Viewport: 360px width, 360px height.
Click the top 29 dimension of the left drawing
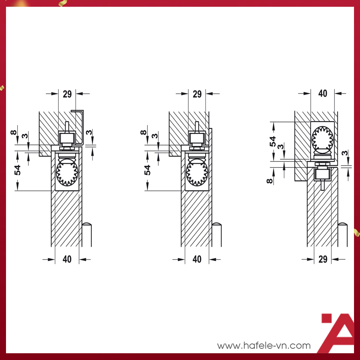pyautogui.click(x=67, y=94)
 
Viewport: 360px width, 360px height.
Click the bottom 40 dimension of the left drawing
pyautogui.click(x=67, y=259)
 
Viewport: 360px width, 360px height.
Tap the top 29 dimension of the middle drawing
pyautogui.click(x=197, y=94)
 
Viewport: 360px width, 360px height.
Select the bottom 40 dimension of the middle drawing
pyautogui.click(x=197, y=259)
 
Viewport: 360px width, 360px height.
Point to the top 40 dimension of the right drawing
pyautogui.click(x=323, y=93)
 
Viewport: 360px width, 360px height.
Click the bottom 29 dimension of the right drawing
pyautogui.click(x=323, y=259)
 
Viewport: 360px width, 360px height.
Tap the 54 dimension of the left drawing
pyautogui.click(x=18, y=170)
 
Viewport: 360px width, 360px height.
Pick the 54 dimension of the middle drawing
pyautogui.click(x=147, y=170)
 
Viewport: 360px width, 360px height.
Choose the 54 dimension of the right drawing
pyautogui.click(x=273, y=141)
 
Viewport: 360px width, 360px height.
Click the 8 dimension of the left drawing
pyautogui.click(x=13, y=132)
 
